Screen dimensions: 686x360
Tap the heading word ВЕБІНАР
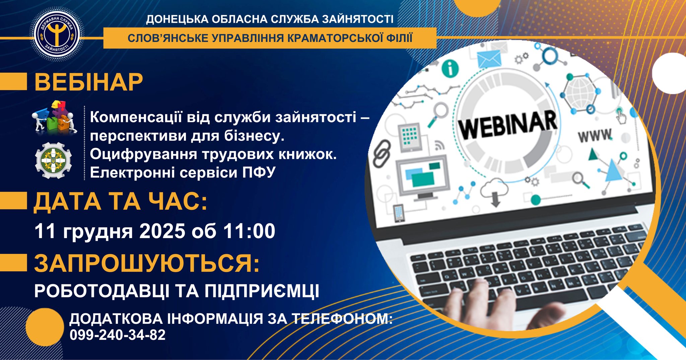(x=89, y=82)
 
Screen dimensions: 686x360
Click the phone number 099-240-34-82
(x=118, y=335)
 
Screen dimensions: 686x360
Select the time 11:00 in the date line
(x=250, y=231)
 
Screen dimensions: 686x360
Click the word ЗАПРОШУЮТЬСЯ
(x=147, y=263)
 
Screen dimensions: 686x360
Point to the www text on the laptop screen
(x=595, y=136)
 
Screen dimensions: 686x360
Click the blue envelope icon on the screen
(x=489, y=60)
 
